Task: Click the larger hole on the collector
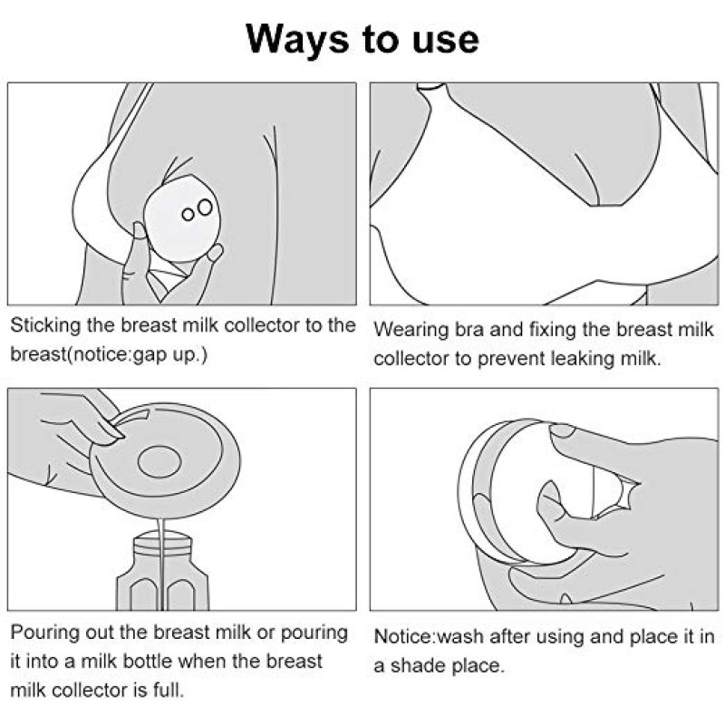pos(205,208)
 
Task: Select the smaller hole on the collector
pos(188,214)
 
